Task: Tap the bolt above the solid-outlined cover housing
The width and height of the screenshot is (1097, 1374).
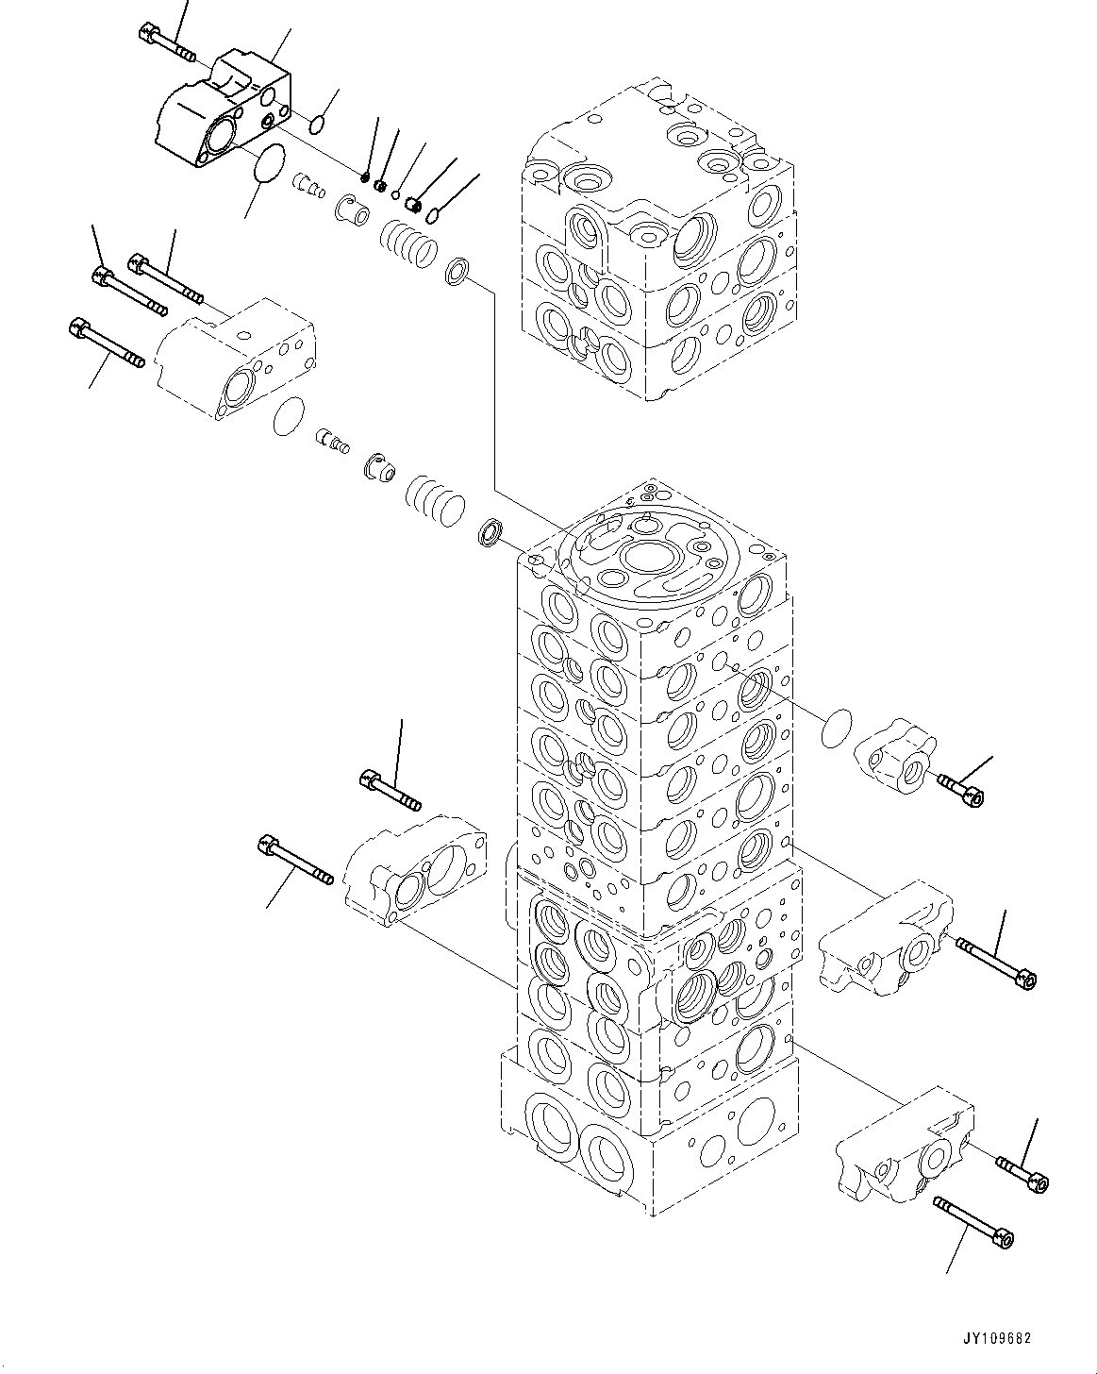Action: click(x=164, y=40)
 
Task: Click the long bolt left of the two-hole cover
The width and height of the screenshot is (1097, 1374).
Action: click(x=294, y=861)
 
